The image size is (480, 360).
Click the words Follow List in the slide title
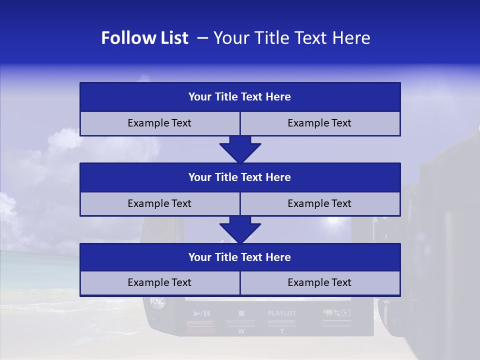pos(144,38)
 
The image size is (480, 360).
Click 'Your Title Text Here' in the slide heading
pos(291,38)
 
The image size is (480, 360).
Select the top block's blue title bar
pos(240,97)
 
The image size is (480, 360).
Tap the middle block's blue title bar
pos(240,177)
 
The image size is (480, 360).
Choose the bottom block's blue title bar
pos(240,257)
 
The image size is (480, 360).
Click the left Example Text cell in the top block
pos(159,123)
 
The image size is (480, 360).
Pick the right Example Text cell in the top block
pos(319,123)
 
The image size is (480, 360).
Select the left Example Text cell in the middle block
pos(159,203)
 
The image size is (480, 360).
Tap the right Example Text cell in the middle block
pos(319,203)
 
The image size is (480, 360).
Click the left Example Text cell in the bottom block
pos(159,282)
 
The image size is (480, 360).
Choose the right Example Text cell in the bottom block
pos(319,282)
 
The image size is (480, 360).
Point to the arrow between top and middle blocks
pos(240,149)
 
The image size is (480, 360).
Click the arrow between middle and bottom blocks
pos(240,229)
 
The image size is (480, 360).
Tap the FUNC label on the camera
pos(157,301)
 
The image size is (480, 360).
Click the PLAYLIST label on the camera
pos(282,313)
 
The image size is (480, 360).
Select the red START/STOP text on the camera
pos(201,331)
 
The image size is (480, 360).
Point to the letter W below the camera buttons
pos(241,331)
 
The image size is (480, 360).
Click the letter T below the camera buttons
pos(282,331)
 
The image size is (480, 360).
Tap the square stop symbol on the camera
pos(241,313)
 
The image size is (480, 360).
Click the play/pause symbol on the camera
pos(201,313)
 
